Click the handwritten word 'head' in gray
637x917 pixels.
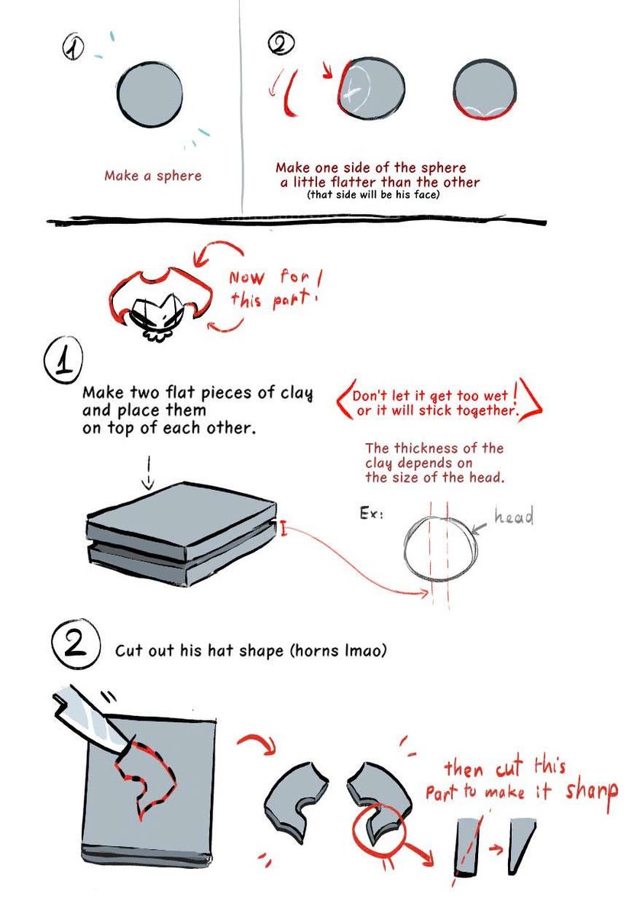tap(513, 517)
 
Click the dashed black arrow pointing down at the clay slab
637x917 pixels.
tap(149, 474)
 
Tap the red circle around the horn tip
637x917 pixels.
tap(379, 826)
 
